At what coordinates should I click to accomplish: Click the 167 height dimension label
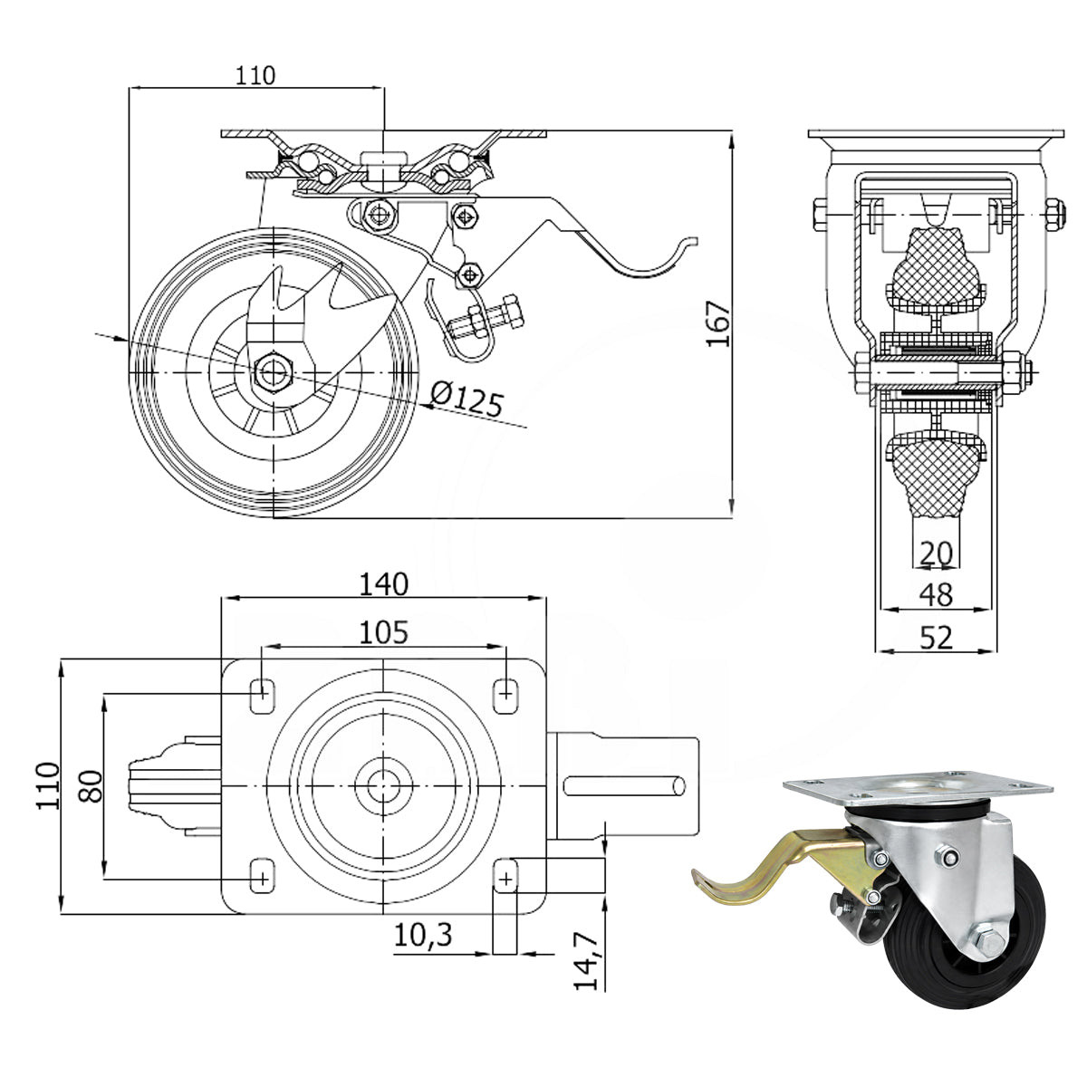point(718,323)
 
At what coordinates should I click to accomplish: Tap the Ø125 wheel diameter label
point(466,399)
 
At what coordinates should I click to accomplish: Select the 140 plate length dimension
point(383,584)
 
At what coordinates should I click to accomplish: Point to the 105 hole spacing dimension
point(383,632)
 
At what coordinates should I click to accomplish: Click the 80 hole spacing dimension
point(91,785)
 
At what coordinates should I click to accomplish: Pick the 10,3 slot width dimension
point(423,935)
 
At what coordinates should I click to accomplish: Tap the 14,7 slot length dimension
point(586,961)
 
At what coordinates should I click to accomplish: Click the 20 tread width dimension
point(936,553)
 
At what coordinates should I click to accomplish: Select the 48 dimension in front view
point(936,594)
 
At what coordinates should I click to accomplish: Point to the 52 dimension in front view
point(936,638)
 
